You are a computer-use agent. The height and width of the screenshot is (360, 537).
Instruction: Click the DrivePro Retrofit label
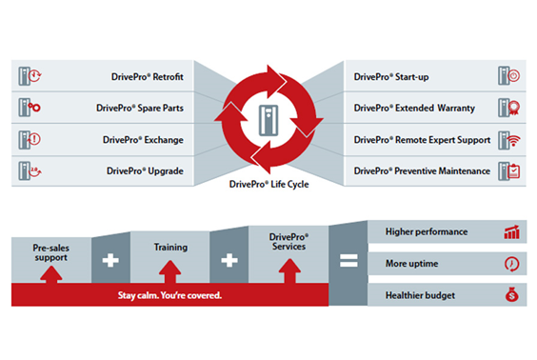pyautogui.click(x=148, y=77)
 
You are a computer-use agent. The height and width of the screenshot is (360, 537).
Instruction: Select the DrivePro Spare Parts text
pyautogui.click(x=140, y=109)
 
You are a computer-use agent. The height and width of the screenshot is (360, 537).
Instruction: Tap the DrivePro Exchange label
pyautogui.click(x=143, y=140)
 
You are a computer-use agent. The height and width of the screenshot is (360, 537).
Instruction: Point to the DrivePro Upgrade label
pyautogui.click(x=145, y=170)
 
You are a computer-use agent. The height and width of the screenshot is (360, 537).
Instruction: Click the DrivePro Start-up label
pyautogui.click(x=391, y=77)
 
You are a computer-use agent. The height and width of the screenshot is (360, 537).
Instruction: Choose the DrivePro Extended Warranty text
pyautogui.click(x=414, y=109)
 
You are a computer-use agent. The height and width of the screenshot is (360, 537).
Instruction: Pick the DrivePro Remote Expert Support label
pyautogui.click(x=422, y=140)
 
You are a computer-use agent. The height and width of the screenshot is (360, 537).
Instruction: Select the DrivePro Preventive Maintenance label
pyautogui.click(x=422, y=170)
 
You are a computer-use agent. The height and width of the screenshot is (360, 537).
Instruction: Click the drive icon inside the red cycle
pyautogui.click(x=268, y=121)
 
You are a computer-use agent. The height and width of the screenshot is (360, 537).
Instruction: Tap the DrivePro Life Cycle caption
pyautogui.click(x=268, y=184)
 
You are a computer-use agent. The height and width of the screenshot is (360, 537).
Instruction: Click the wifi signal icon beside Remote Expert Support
pyautogui.click(x=514, y=140)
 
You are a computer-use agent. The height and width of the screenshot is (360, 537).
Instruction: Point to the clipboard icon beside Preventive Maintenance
pyautogui.click(x=514, y=171)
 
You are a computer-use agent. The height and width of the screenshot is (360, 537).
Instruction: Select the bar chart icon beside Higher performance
pyautogui.click(x=511, y=231)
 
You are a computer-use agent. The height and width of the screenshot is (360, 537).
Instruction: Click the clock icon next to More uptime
pyautogui.click(x=511, y=264)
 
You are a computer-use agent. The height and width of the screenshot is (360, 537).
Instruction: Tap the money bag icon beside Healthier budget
pyautogui.click(x=511, y=294)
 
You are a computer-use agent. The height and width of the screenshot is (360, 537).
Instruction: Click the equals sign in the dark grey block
pyautogui.click(x=348, y=261)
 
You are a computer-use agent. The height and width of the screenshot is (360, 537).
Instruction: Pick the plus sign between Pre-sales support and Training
pyautogui.click(x=110, y=261)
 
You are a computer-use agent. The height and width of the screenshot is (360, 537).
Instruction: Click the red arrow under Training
pyautogui.click(x=169, y=272)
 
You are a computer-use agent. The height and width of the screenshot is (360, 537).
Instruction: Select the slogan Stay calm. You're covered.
pyautogui.click(x=169, y=295)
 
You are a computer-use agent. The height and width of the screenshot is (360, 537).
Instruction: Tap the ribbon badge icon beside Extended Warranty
pyautogui.click(x=514, y=109)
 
